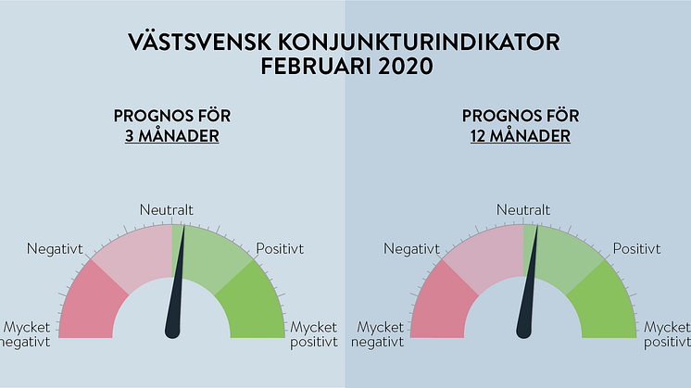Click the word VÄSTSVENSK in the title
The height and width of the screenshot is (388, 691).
200,42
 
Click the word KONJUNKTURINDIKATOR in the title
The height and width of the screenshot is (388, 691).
419,43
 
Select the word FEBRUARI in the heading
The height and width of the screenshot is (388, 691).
316,66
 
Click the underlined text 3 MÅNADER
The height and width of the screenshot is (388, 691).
172,135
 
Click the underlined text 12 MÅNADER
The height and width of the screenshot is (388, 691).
520,135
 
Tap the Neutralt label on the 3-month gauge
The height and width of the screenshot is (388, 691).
166,209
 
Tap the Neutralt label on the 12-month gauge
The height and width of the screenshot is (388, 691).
523,209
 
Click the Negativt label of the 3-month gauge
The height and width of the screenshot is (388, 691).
55,249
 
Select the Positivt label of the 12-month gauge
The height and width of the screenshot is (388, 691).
636,249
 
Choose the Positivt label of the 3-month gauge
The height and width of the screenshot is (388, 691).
280,249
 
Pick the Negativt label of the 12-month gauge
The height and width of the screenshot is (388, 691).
411,249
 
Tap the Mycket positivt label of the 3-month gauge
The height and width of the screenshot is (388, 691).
314,334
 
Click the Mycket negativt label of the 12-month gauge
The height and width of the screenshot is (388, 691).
378,334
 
